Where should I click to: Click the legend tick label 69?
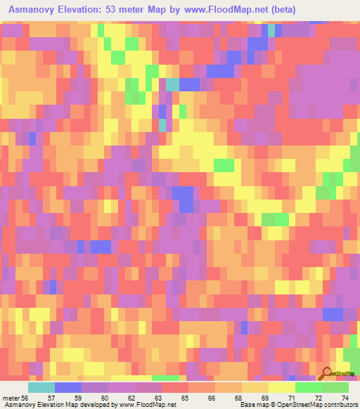click(x=264, y=378)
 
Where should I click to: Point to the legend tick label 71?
click(x=290, y=378)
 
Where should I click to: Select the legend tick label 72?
click(x=318, y=378)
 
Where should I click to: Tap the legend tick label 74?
click(x=345, y=378)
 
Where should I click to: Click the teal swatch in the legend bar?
click(x=41, y=387)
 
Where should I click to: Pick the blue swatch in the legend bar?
click(x=68, y=387)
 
